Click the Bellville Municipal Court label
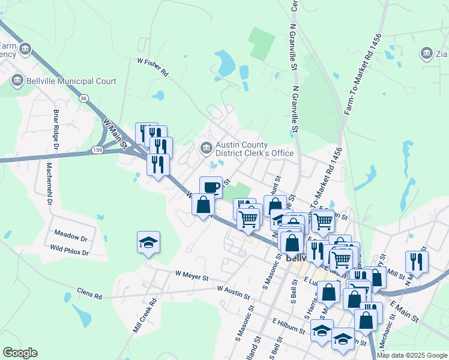click(70, 80)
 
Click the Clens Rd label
click(89, 293)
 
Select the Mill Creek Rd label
click(144, 316)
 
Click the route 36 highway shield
click(83, 98)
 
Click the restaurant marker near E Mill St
click(417, 260)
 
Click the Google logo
click(20, 353)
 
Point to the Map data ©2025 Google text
click(412, 355)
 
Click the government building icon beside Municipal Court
click(16, 80)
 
